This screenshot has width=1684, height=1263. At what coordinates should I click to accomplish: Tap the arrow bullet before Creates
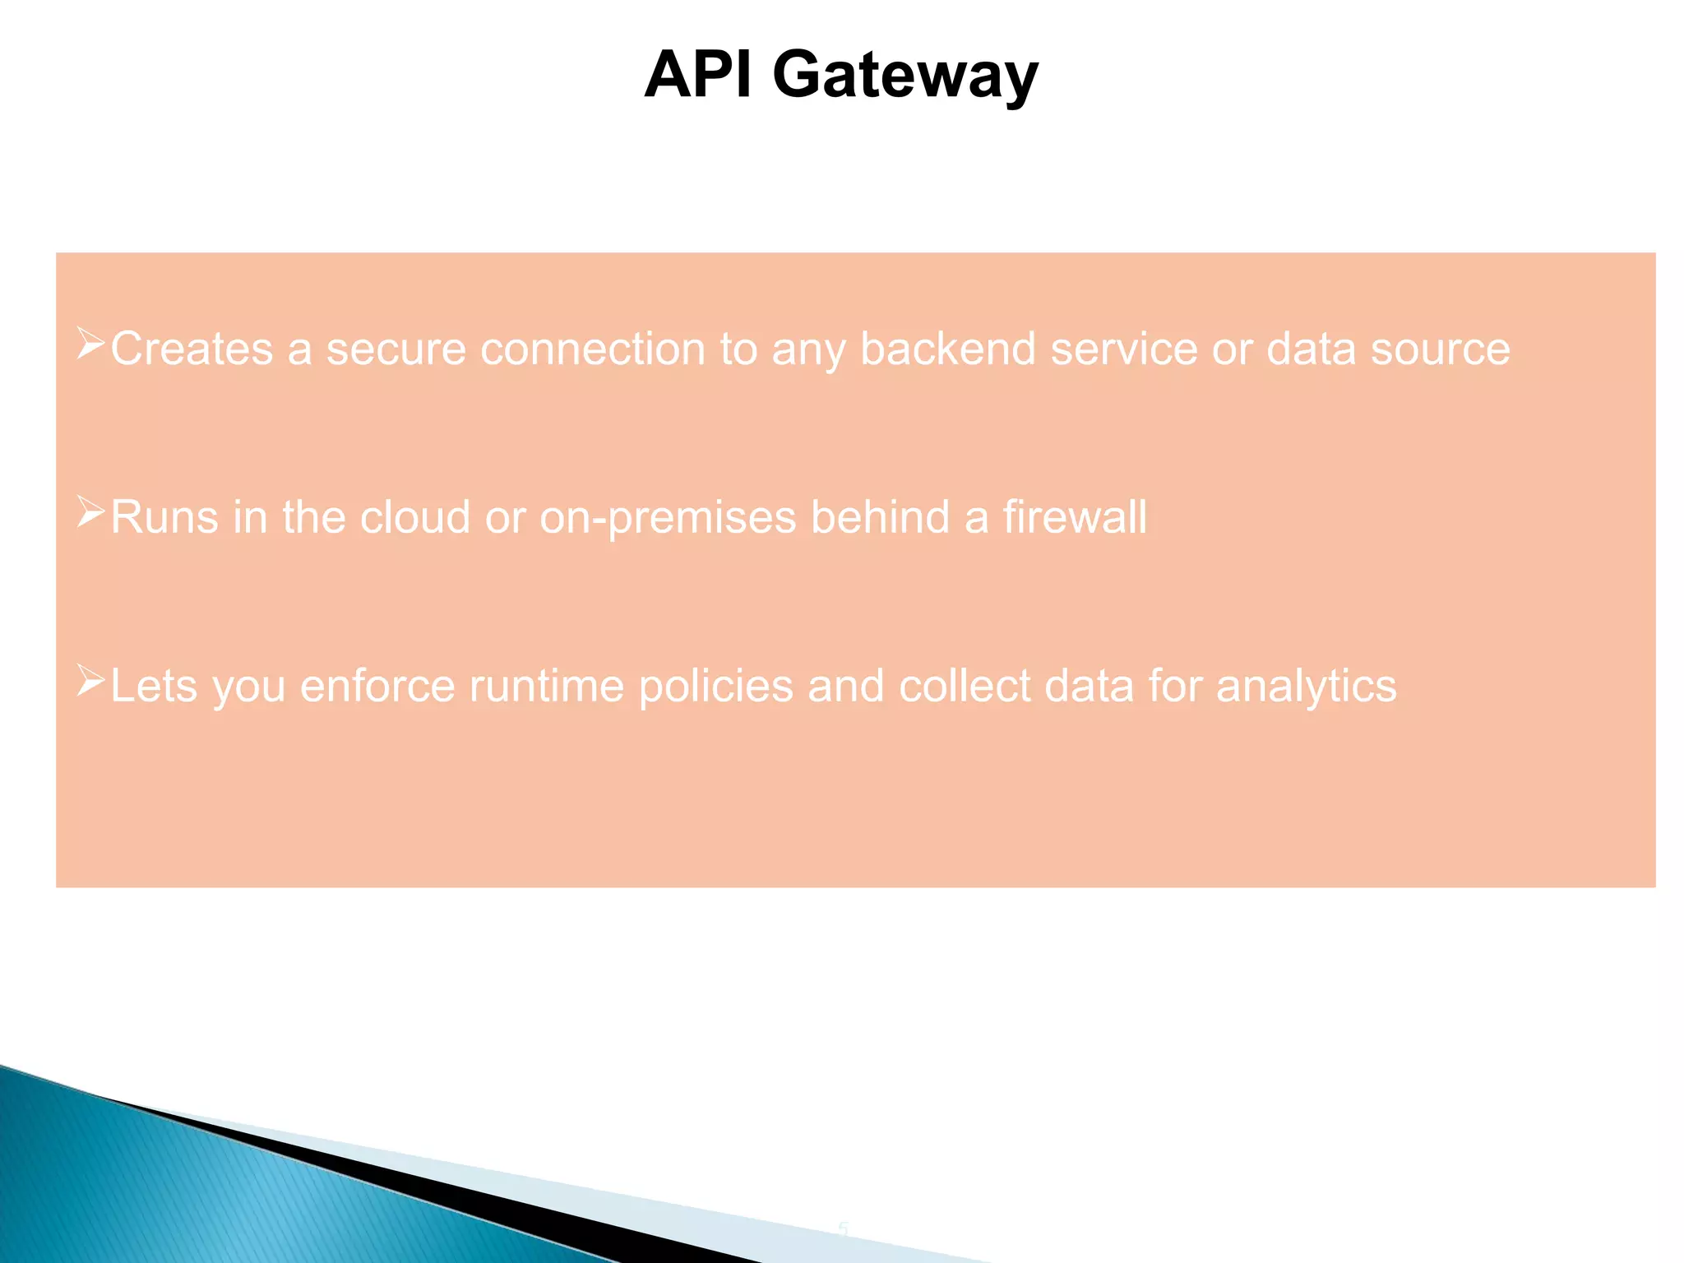pos(90,344)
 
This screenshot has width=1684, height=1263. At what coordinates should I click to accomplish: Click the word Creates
pos(192,349)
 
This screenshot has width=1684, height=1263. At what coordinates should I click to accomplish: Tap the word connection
pos(592,349)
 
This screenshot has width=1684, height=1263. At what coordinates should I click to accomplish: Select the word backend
pos(947,349)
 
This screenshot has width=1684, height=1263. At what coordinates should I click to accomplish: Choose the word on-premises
pos(668,519)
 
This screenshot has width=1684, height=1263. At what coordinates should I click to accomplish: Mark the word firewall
pos(1074,517)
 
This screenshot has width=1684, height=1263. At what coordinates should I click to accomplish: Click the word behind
pos(880,517)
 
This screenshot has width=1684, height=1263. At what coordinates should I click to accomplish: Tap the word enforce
pos(377,687)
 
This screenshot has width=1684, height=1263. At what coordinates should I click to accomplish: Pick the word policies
pos(715,687)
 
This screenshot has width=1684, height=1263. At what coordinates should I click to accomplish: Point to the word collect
pos(965,687)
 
